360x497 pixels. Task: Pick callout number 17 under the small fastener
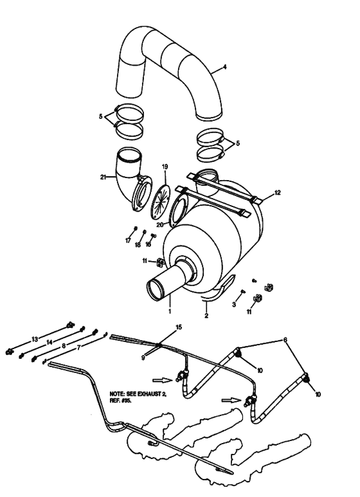(128, 240)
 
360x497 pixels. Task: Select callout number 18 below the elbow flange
(138, 245)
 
